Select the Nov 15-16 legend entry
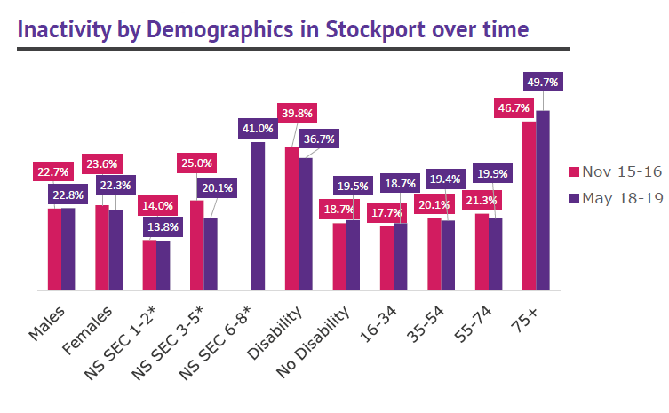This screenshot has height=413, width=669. (x=614, y=171)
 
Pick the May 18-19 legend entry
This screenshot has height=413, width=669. (x=614, y=198)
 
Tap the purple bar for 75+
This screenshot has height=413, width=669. (x=543, y=201)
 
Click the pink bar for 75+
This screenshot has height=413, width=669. (x=529, y=206)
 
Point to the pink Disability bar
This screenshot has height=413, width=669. (x=291, y=218)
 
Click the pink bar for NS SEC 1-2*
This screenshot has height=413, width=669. (x=149, y=265)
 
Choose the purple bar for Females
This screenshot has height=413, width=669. (x=115, y=250)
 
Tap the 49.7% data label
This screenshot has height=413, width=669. (x=542, y=83)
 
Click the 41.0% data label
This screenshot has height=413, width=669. (x=258, y=129)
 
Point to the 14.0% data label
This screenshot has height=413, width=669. (x=156, y=205)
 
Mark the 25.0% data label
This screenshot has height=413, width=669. (x=197, y=163)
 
